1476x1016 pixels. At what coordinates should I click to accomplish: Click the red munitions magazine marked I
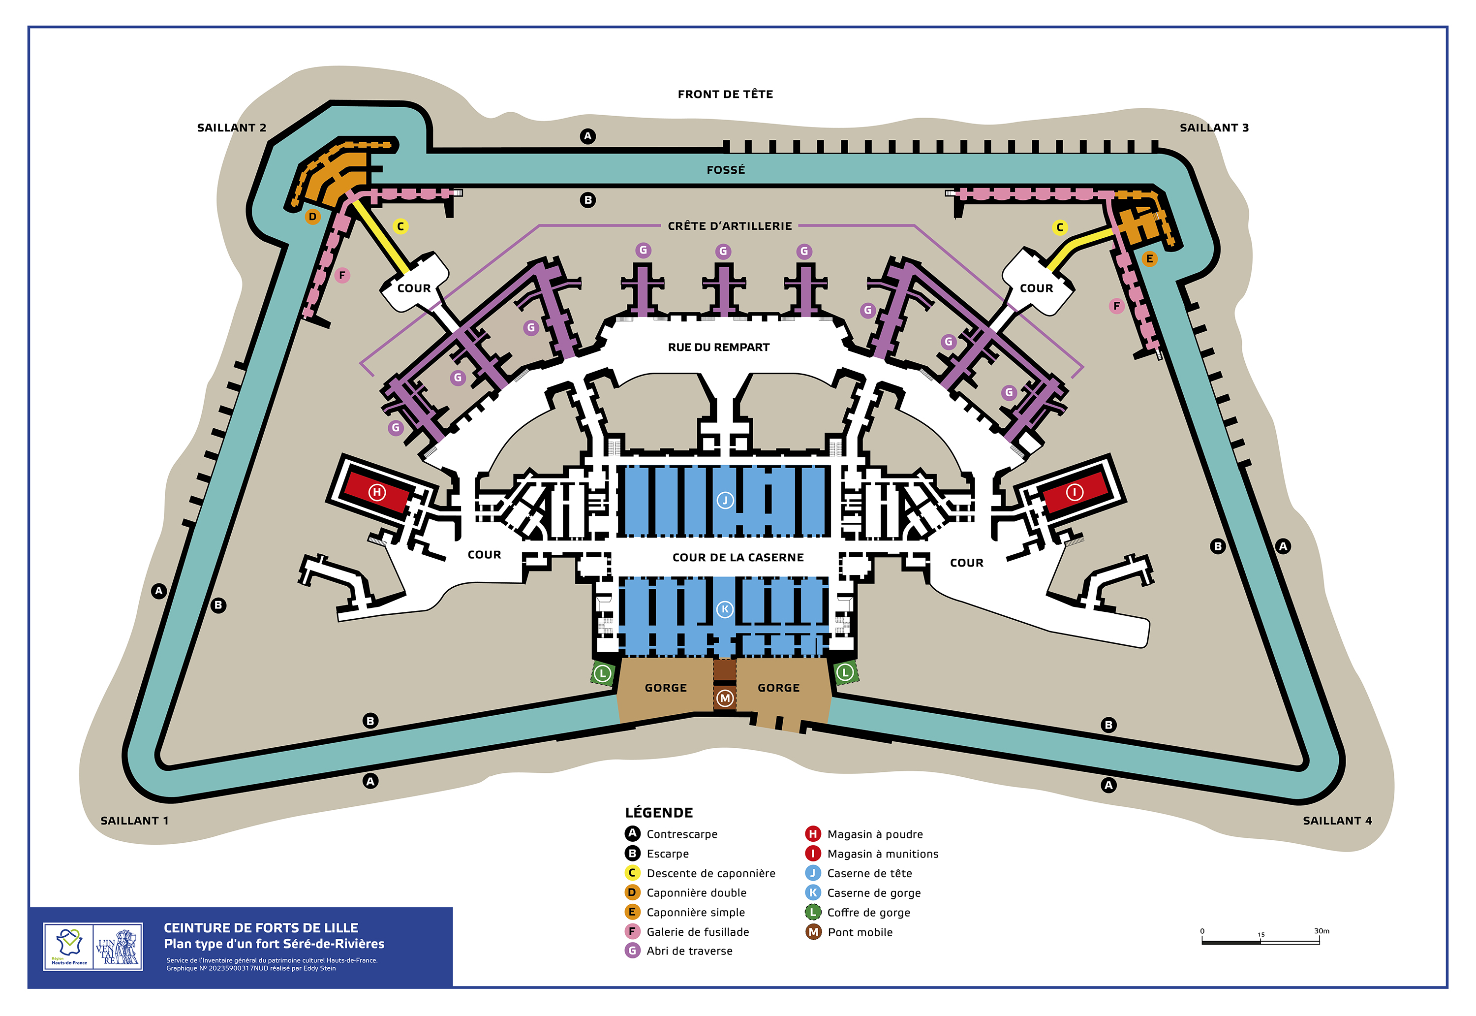(x=1075, y=492)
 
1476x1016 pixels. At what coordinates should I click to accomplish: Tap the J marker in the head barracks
(x=725, y=500)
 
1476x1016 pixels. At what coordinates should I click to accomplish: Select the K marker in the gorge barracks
(x=725, y=609)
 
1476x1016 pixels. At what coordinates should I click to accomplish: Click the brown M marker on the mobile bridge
(x=725, y=698)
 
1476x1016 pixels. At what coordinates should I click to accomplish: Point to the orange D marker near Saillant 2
(x=312, y=217)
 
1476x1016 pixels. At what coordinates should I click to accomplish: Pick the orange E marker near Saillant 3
(x=1149, y=258)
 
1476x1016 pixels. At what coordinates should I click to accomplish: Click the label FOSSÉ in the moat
(x=726, y=170)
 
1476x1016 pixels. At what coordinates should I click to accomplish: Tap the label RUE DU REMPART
(x=719, y=347)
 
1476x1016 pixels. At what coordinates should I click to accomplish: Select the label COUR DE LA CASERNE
(x=738, y=558)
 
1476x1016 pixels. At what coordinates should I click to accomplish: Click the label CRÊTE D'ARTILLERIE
(x=730, y=226)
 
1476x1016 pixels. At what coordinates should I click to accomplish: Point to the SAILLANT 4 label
(x=1337, y=821)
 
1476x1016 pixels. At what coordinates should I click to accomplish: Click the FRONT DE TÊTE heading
(x=725, y=94)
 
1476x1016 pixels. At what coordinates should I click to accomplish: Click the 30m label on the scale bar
(x=1322, y=931)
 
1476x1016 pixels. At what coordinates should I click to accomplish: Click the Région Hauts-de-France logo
(x=69, y=947)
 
